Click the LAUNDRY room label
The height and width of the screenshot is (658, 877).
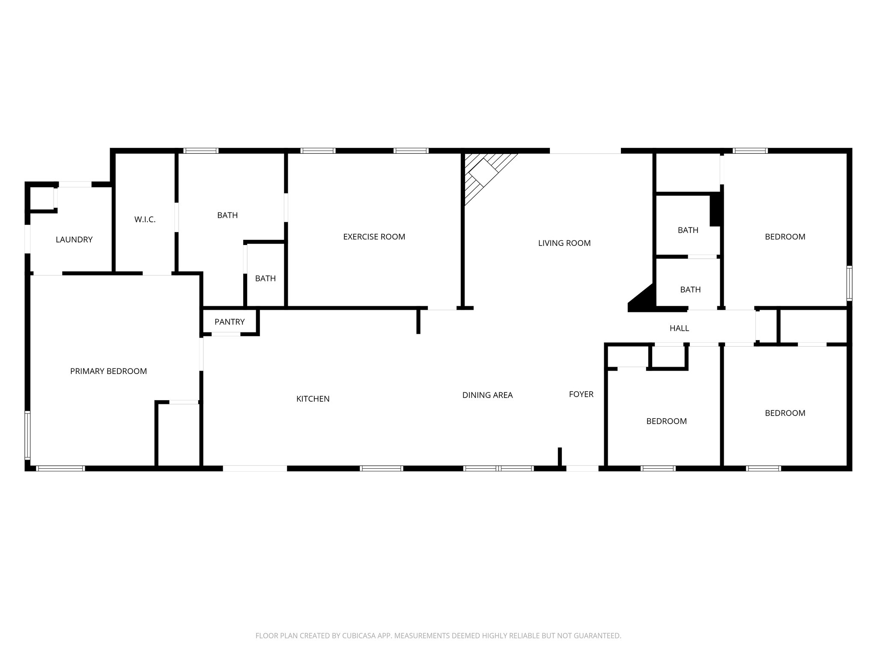click(74, 239)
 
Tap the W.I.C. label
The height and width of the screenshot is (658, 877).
click(145, 220)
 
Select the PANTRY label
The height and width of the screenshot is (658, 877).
click(230, 322)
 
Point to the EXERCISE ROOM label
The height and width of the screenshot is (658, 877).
click(374, 236)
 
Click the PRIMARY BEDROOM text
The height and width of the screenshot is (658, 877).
click(108, 371)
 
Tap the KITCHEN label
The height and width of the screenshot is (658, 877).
click(313, 399)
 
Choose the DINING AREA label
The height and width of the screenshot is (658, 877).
click(487, 395)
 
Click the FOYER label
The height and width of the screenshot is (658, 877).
click(581, 394)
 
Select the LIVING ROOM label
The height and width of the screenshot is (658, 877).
click(564, 243)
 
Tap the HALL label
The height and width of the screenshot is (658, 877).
click(679, 328)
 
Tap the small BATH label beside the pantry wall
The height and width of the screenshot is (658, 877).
click(265, 278)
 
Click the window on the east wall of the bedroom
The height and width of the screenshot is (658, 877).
click(849, 283)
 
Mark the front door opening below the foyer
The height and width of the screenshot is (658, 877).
click(582, 468)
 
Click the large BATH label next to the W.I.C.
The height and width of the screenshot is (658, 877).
click(227, 215)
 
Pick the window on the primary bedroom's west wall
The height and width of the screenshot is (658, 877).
click(28, 434)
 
